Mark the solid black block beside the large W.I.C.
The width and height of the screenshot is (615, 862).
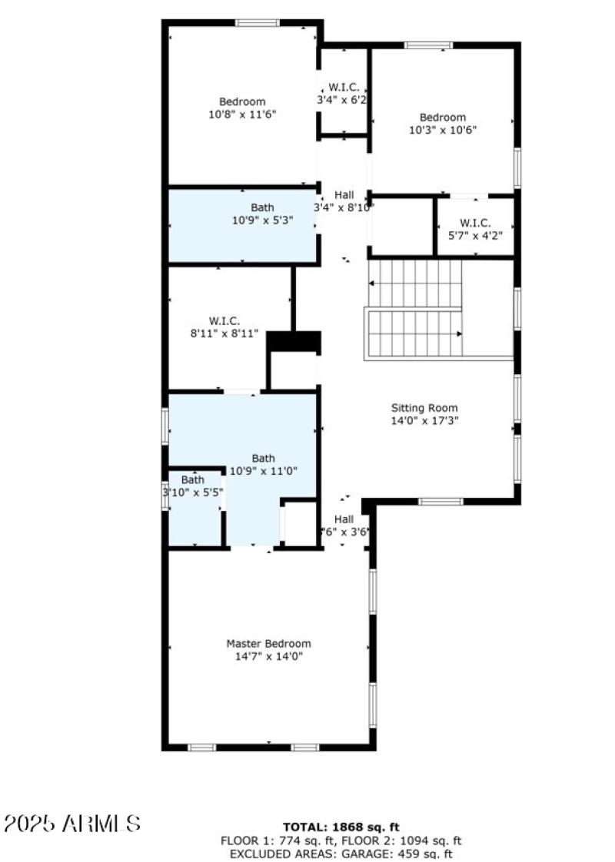[x=294, y=342]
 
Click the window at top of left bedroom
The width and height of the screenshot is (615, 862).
[x=258, y=23]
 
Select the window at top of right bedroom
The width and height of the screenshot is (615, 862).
[x=429, y=45]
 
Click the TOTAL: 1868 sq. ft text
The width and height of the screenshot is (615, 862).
[x=341, y=827]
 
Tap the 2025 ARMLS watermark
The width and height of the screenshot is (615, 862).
[x=72, y=824]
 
